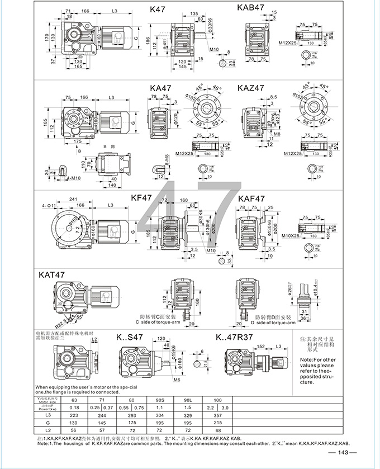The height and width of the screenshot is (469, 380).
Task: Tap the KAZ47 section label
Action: click(250, 88)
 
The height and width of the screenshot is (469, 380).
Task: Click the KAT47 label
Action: click(53, 274)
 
